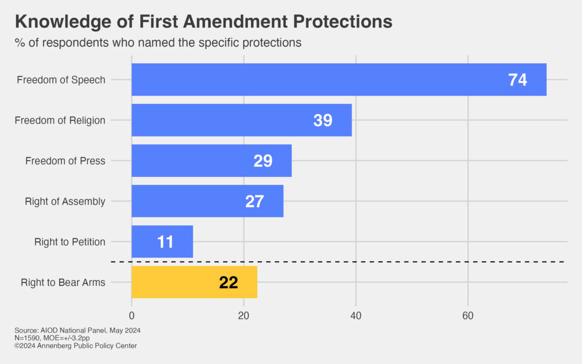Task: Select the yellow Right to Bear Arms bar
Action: [194, 282]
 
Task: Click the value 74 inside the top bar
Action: [517, 80]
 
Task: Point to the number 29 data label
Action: [263, 161]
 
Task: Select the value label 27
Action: [254, 201]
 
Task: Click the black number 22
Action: [228, 282]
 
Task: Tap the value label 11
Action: [165, 242]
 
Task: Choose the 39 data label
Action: [323, 120]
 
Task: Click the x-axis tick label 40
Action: [356, 315]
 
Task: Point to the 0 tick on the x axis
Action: [131, 315]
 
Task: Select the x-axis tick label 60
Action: [468, 315]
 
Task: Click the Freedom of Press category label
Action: [65, 161]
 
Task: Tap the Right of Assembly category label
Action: [65, 201]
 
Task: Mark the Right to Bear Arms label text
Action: [63, 282]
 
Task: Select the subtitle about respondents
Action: [158, 43]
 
